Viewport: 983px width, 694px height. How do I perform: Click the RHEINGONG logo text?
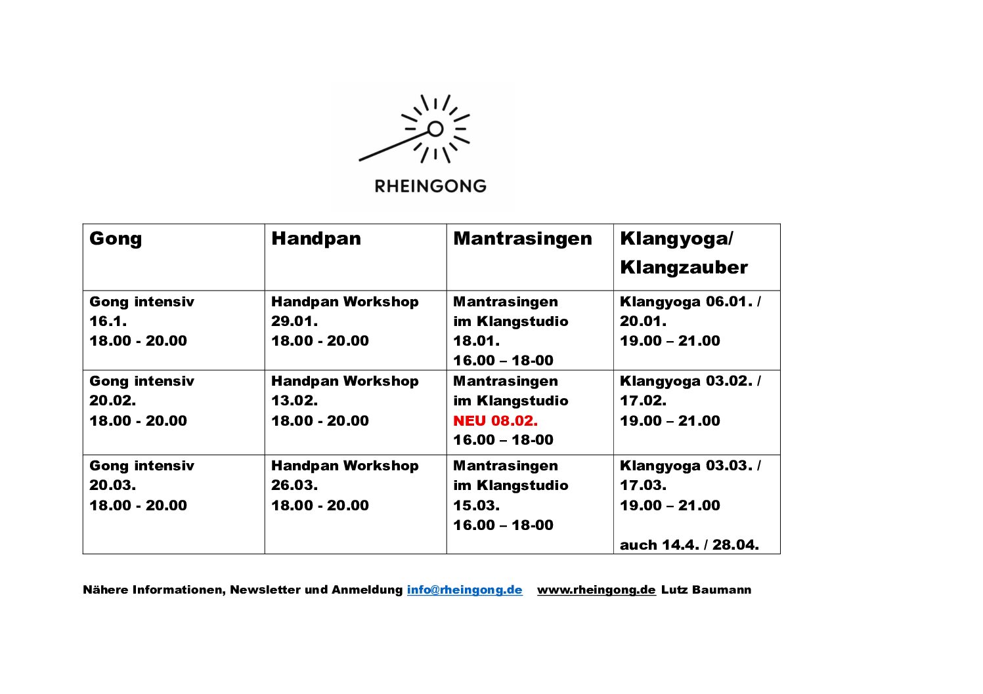[x=430, y=186]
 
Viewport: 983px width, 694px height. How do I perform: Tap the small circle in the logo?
[x=435, y=129]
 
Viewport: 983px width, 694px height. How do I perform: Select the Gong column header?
[x=116, y=239]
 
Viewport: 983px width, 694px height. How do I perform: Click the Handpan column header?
[x=316, y=239]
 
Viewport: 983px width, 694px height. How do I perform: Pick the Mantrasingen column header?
[x=522, y=239]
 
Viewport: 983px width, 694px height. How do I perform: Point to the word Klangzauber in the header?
[x=684, y=268]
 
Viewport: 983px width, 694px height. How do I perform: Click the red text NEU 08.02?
[x=495, y=420]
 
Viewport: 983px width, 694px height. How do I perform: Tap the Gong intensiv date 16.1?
[x=108, y=321]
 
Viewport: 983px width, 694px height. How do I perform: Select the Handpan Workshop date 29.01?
[x=294, y=321]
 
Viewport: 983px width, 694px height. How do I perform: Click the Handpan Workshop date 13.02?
[x=294, y=401]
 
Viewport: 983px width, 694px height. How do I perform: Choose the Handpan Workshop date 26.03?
[x=294, y=485]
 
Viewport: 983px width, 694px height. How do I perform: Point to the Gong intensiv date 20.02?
[x=112, y=401]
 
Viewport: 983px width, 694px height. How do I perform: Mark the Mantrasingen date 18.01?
[x=476, y=341]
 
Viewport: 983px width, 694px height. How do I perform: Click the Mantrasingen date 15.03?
[x=476, y=506]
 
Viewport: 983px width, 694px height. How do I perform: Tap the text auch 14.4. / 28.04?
[x=689, y=545]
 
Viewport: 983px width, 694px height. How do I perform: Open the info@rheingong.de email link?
[x=464, y=590]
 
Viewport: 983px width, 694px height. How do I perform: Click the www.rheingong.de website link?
[x=596, y=590]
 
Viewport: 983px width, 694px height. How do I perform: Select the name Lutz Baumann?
[x=706, y=590]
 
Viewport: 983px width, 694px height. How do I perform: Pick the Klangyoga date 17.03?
[x=643, y=485]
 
